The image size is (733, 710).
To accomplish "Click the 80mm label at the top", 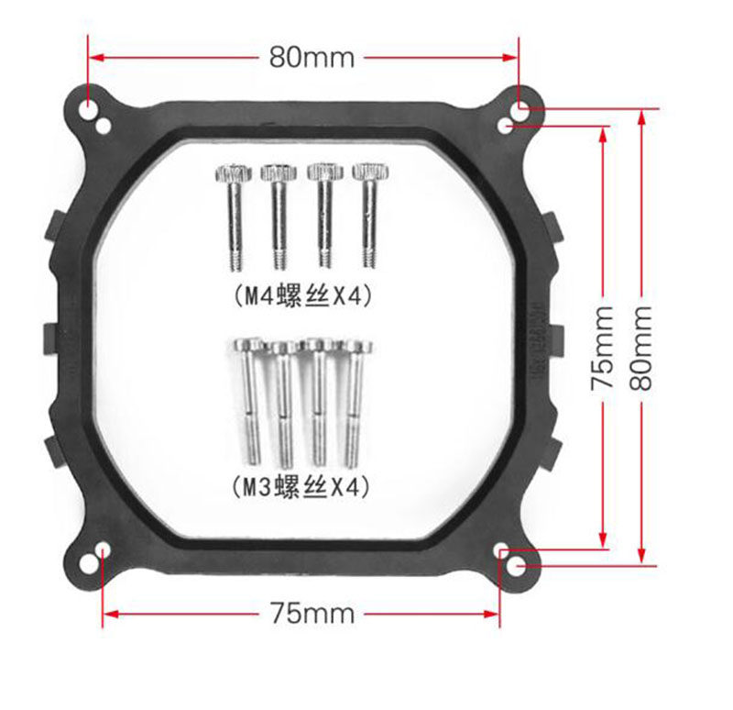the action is tap(312, 58).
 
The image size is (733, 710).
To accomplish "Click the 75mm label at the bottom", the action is tap(312, 613).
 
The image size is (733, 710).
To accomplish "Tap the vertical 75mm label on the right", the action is tap(602, 349).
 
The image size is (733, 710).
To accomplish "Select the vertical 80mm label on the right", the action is tap(640, 349).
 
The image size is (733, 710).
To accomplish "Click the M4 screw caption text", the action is tap(303, 295).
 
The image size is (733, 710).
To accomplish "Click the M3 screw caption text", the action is tap(302, 487).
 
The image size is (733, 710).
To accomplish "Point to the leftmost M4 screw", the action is tap(234, 216).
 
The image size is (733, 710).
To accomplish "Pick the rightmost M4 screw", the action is tap(370, 216).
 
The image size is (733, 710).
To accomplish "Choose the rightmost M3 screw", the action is tap(355, 404).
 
